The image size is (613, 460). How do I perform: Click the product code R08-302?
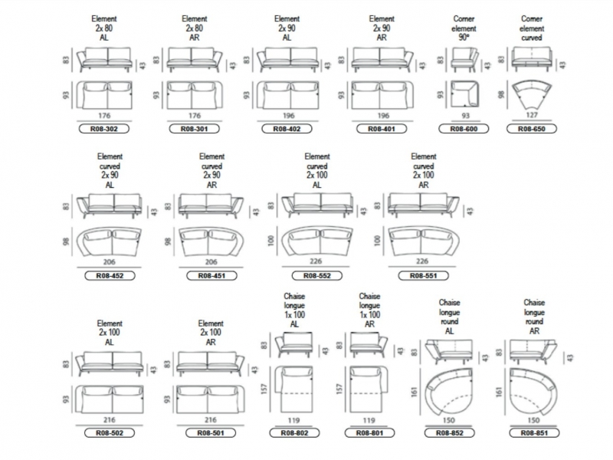pyautogui.click(x=104, y=129)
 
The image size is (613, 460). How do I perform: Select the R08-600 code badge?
pyautogui.click(x=464, y=129)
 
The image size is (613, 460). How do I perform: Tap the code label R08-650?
pyautogui.click(x=532, y=129)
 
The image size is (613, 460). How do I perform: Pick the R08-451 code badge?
pyautogui.click(x=211, y=276)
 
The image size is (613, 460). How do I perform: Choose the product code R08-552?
pyautogui.click(x=317, y=276)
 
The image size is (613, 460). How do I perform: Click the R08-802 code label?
pyautogui.click(x=294, y=433)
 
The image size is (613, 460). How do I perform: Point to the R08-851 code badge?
pyautogui.click(x=534, y=433)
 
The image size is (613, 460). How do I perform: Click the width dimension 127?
pyautogui.click(x=532, y=115)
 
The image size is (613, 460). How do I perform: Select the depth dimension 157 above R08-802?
pyautogui.click(x=264, y=389)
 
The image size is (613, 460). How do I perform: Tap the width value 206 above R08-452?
pyautogui.click(x=110, y=262)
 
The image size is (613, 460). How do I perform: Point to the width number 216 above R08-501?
pyautogui.click(x=210, y=419)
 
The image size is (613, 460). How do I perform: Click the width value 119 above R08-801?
pyautogui.click(x=369, y=420)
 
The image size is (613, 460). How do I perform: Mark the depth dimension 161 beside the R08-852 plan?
pyautogui.click(x=415, y=392)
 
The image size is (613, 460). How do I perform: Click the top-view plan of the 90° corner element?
pyautogui.click(x=464, y=94)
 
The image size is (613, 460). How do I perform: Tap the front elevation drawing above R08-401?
pyautogui.click(x=382, y=60)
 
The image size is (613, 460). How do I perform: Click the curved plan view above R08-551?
pyautogui.click(x=424, y=241)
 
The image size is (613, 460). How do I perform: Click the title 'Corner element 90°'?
pyautogui.click(x=464, y=28)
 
